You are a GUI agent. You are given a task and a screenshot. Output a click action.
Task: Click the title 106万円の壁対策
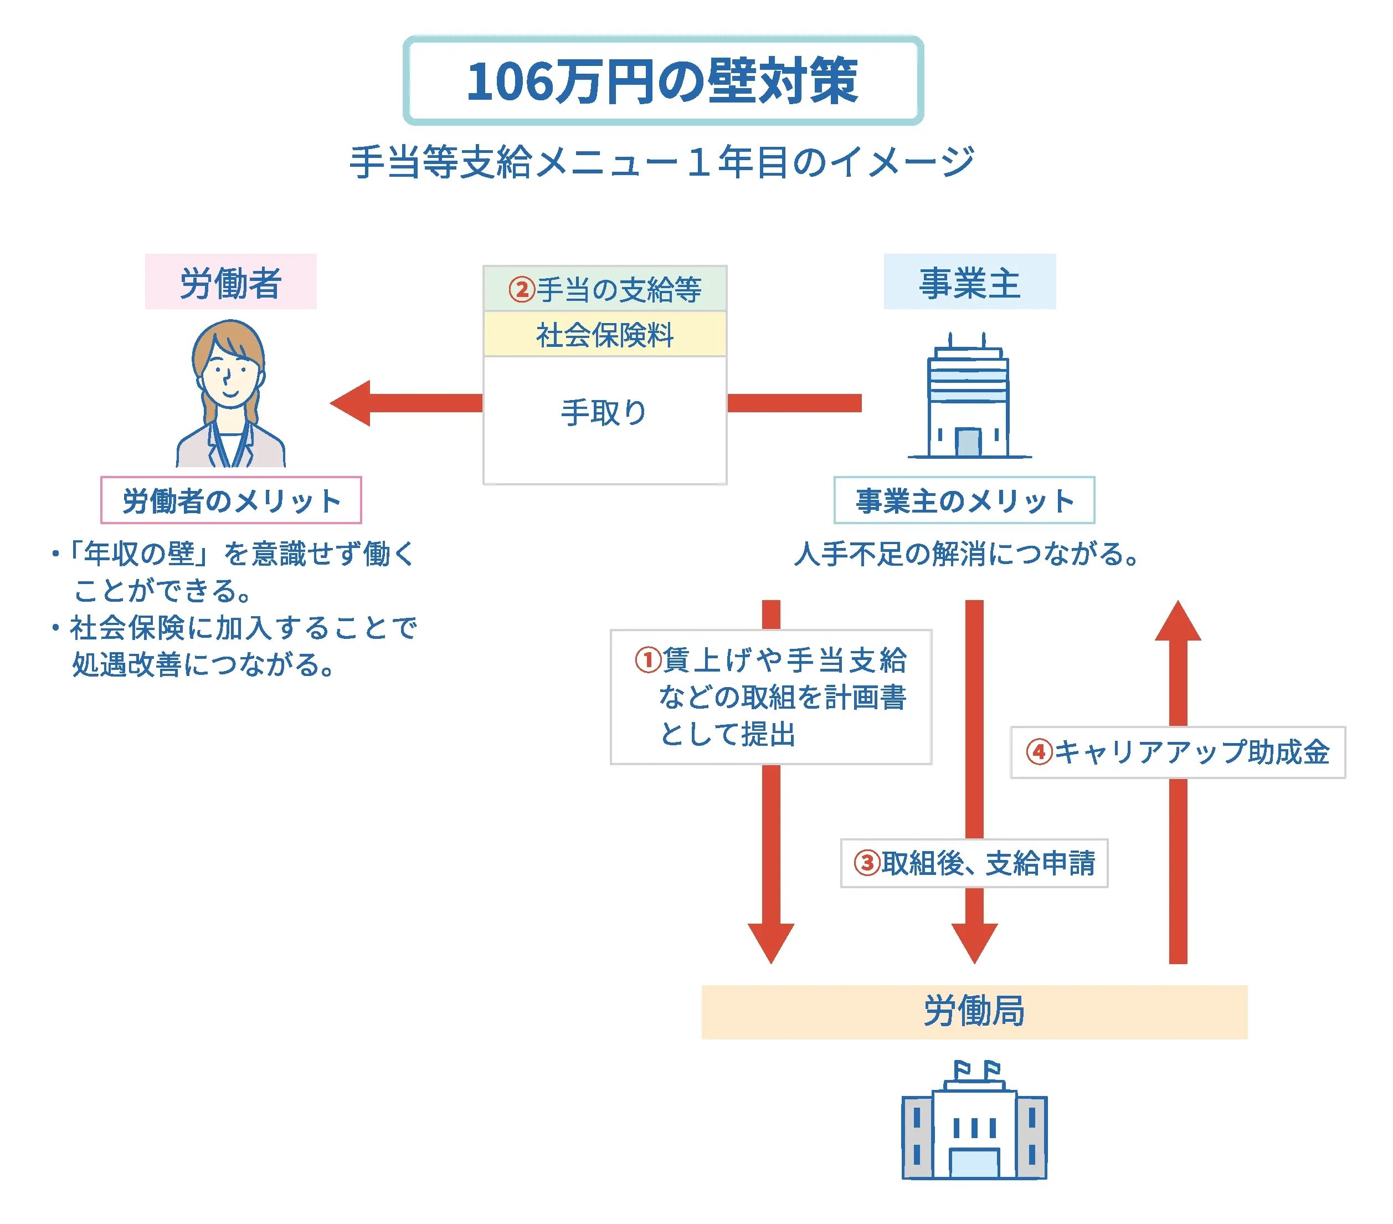(662, 81)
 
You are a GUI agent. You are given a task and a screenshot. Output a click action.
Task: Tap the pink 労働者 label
(230, 282)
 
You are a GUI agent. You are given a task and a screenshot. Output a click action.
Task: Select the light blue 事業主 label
(969, 282)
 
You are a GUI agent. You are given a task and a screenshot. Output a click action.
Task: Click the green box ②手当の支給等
(604, 289)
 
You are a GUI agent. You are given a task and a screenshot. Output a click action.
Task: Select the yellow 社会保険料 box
(604, 335)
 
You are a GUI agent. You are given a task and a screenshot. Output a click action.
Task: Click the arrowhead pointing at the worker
(352, 403)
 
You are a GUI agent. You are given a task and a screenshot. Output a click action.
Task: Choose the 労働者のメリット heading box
(231, 500)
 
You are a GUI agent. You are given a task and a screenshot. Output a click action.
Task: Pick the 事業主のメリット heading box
(964, 500)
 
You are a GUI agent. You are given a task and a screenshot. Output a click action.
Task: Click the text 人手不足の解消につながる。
(967, 554)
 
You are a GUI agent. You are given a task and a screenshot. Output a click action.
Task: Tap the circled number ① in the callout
(648, 659)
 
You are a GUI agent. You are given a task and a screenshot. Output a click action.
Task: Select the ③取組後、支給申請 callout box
(974, 863)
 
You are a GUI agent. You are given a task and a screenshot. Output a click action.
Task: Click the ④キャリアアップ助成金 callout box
(1178, 752)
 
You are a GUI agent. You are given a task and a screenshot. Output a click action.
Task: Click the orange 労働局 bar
(974, 1011)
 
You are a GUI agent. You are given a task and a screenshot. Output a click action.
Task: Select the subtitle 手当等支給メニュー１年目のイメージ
(662, 162)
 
